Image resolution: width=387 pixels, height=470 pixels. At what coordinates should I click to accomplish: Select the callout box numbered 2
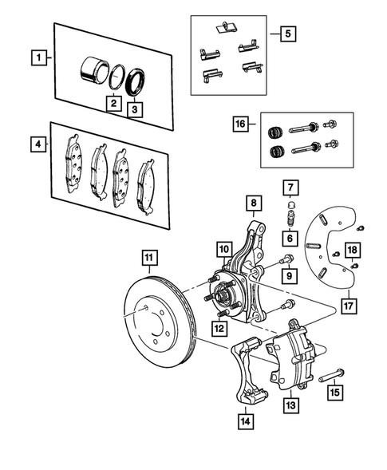click(114, 103)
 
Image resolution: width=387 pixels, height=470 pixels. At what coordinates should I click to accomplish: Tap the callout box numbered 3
click(136, 110)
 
